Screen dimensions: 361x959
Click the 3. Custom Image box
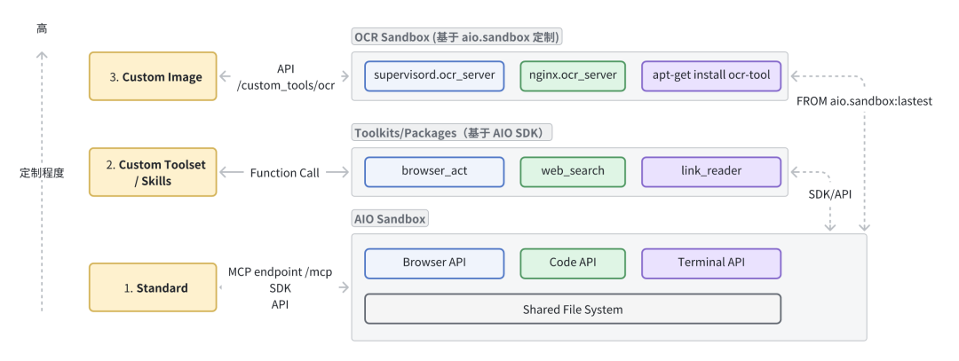153,76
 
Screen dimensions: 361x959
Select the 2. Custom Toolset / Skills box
153,172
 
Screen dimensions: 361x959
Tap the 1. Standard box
153,287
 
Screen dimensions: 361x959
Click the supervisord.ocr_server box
434,76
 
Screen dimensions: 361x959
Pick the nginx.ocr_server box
572,76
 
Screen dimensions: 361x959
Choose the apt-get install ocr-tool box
710,76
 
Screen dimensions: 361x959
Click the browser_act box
434,171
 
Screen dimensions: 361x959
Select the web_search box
572,171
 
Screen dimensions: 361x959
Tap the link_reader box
710,171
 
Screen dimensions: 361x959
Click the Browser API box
434,263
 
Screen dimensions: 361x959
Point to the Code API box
572,263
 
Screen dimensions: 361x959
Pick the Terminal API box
710,263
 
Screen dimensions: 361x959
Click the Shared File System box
572,310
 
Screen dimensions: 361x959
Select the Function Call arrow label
284,173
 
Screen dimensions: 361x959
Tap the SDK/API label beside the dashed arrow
829,193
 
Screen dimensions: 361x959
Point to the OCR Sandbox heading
457,38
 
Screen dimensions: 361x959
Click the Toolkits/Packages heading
453,133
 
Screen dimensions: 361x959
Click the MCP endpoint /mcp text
280,271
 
